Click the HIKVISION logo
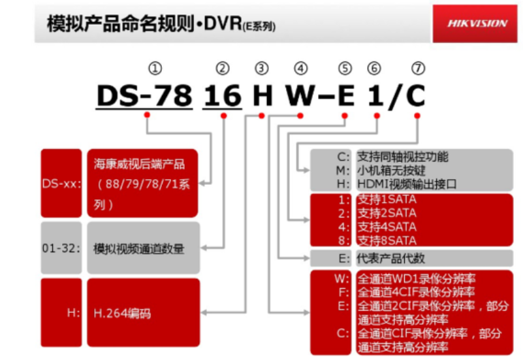(477, 24)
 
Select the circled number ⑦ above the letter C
(418, 68)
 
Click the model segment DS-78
(144, 95)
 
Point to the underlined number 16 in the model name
(223, 95)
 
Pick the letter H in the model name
(262, 95)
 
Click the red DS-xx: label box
(61, 184)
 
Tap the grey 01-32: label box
(61, 248)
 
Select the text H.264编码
(122, 314)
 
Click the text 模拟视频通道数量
(138, 248)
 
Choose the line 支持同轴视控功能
(402, 157)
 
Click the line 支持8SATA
(386, 240)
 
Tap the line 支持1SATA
(386, 200)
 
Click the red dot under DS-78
(147, 114)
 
